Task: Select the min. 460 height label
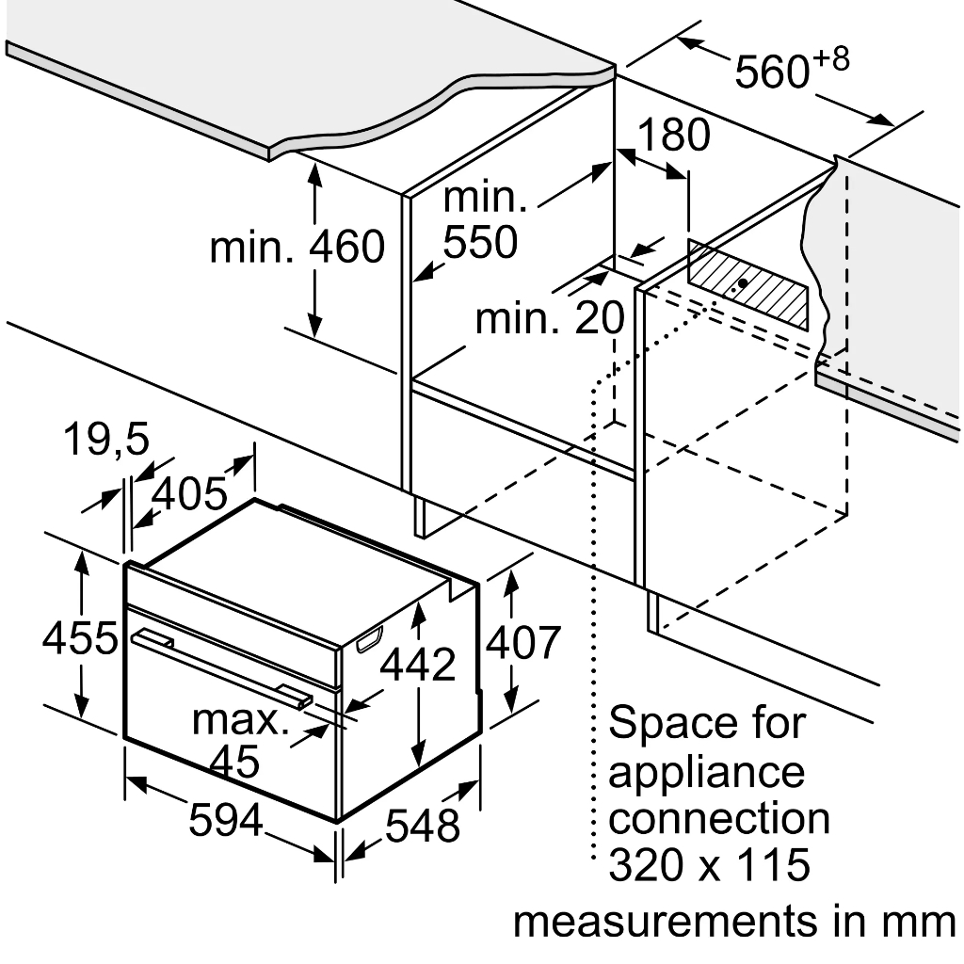(297, 247)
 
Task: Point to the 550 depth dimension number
(481, 242)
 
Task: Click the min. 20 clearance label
(550, 318)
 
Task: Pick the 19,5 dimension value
(105, 439)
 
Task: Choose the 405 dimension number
(189, 493)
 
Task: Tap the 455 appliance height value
(80, 637)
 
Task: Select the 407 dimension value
(522, 642)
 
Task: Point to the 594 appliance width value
(226, 820)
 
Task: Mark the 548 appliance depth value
(423, 825)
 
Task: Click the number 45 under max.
(234, 761)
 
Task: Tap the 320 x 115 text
(710, 864)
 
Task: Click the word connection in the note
(718, 818)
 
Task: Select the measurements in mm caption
(734, 923)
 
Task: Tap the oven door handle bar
(222, 668)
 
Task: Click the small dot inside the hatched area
(743, 282)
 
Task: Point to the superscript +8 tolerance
(831, 59)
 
